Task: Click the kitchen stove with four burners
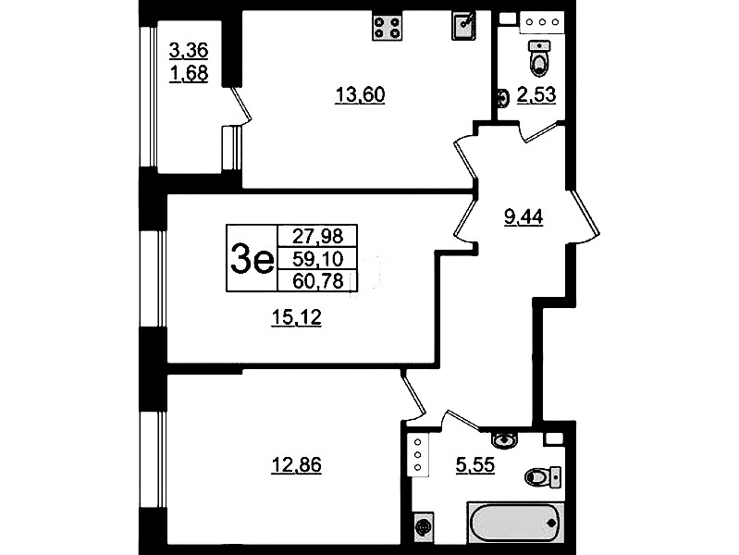[x=387, y=27]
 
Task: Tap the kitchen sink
[x=464, y=26]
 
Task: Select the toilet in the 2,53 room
[x=539, y=58]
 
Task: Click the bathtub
[x=515, y=523]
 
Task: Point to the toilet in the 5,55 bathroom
[x=543, y=476]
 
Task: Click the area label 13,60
[x=360, y=94]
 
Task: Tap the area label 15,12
[x=297, y=317]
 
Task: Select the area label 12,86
[x=297, y=465]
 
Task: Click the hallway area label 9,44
[x=523, y=217]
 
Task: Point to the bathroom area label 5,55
[x=475, y=465]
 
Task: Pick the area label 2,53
[x=536, y=94]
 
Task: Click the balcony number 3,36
[x=189, y=50]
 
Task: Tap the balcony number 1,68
[x=189, y=74]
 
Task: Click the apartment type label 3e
[x=252, y=259]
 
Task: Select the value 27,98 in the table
[x=317, y=236]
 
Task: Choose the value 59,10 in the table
[x=317, y=258]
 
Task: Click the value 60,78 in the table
[x=317, y=281]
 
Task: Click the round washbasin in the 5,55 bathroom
[x=504, y=439]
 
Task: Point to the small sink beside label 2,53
[x=503, y=99]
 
